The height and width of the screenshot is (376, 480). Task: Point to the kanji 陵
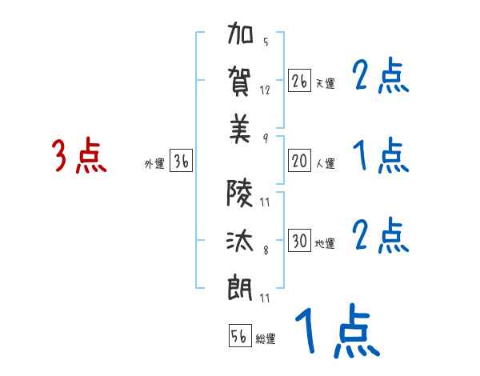241,193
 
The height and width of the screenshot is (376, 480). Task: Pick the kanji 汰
241,238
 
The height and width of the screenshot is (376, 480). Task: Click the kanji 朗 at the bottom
241,286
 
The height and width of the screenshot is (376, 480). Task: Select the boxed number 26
300,81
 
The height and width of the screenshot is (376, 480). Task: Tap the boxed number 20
300,161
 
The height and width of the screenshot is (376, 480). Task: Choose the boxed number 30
300,241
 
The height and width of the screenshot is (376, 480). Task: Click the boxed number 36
181,161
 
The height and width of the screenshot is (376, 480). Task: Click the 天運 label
325,83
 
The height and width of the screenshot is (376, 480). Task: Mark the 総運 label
266,339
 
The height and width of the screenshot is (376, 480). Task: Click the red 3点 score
79,156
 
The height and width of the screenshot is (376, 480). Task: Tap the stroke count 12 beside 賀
266,90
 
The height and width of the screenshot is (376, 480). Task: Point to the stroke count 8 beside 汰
265,250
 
